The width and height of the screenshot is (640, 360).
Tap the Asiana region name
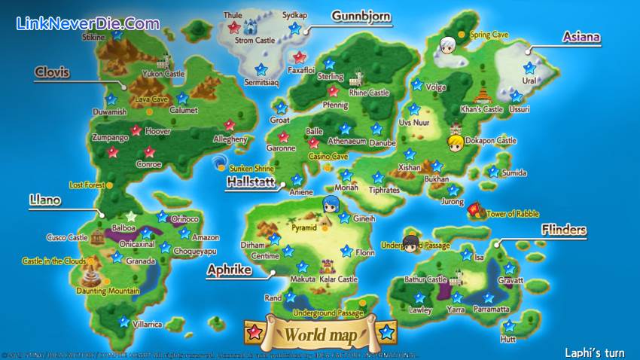click(x=581, y=36)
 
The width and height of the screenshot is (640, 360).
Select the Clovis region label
click(x=52, y=72)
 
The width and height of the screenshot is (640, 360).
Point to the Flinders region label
click(x=564, y=230)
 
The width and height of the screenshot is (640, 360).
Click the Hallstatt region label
click(x=250, y=182)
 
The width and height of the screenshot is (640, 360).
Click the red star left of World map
click(x=254, y=331)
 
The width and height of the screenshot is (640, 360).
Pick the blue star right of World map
click(x=386, y=331)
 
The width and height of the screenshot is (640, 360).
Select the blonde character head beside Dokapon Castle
click(x=455, y=142)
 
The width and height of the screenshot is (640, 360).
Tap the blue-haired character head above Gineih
click(x=331, y=203)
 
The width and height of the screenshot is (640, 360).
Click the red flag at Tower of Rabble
click(x=474, y=209)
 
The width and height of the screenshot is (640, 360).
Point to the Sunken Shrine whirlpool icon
click(x=220, y=162)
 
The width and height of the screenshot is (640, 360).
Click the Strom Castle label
click(x=255, y=40)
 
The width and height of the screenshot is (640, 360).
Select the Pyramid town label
click(x=305, y=227)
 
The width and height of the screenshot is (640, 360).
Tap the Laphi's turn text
click(x=594, y=352)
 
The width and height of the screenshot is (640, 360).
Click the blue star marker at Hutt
click(x=508, y=326)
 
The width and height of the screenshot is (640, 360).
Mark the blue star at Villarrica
click(x=123, y=322)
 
